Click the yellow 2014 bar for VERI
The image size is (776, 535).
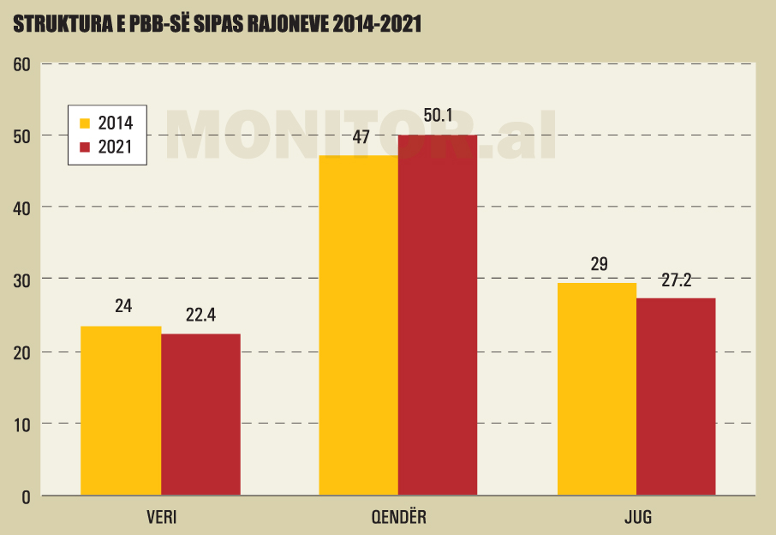coord(121,411)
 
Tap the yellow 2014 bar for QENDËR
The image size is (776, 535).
coord(359,326)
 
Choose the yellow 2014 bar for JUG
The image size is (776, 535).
coord(597,389)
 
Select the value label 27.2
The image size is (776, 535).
coord(677,280)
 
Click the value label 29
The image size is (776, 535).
coord(599,263)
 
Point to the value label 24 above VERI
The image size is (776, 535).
coord(123,306)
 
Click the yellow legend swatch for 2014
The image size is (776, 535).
coord(85,123)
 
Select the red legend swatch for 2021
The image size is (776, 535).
coord(85,147)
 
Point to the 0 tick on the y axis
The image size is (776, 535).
coord(26,496)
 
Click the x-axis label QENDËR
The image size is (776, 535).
coord(398,518)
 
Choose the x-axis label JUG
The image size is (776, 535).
coord(637,518)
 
